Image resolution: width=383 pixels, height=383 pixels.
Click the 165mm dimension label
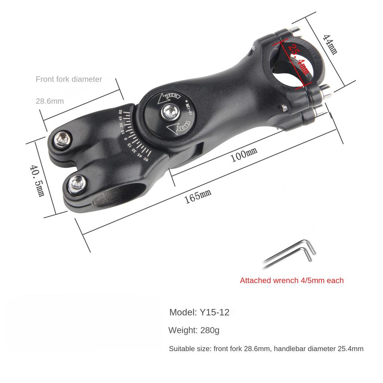pos(197,196)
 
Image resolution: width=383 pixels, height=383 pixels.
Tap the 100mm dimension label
pos(244,154)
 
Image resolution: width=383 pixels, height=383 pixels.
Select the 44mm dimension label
pos(330,45)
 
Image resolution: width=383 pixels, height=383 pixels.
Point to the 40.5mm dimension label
pos(37,181)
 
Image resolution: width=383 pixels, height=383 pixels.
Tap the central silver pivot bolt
pos(171,112)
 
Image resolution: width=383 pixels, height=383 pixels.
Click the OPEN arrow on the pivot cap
pos(169,98)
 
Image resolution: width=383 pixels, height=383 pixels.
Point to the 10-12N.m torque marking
pos(189,107)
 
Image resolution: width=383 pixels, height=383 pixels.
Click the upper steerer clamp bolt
pos(62,140)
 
